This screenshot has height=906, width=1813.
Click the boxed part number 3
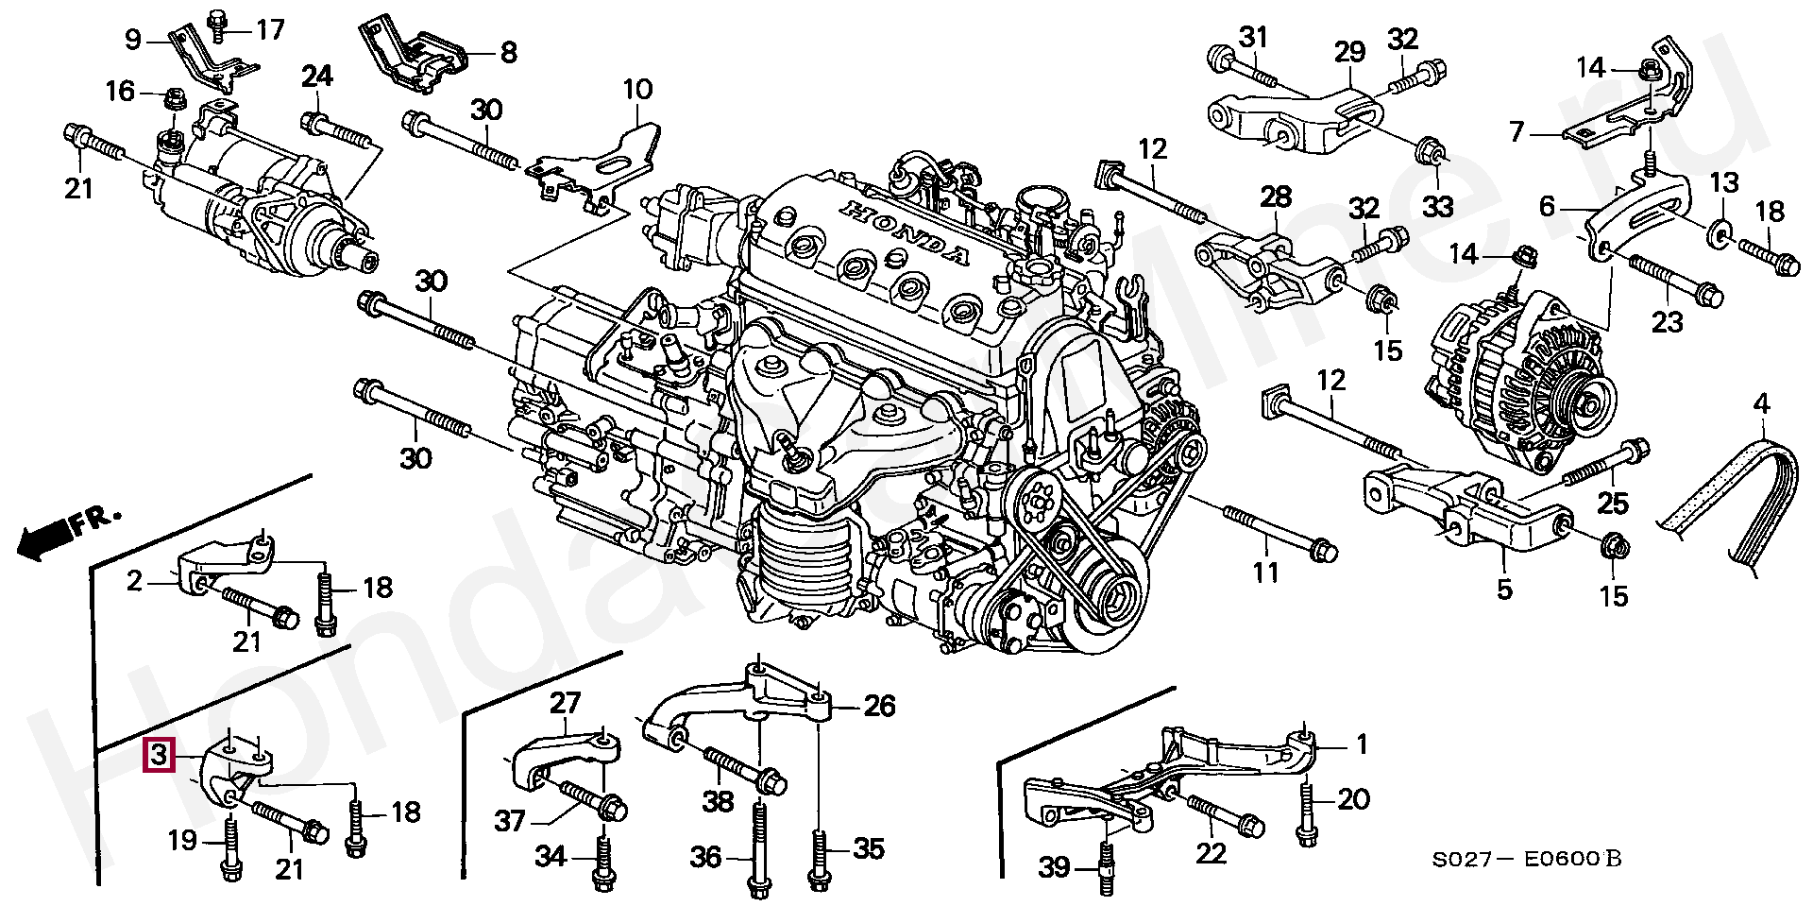pos(158,756)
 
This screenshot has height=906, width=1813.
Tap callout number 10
pos(637,91)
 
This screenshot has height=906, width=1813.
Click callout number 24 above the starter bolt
pos(318,77)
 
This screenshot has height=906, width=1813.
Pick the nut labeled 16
pos(174,97)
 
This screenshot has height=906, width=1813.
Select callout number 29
pos(1349,53)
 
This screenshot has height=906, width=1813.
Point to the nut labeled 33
pos(1432,150)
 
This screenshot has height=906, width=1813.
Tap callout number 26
pos(879,707)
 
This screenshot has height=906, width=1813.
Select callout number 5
pos(1504,590)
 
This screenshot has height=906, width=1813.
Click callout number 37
pos(510,822)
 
